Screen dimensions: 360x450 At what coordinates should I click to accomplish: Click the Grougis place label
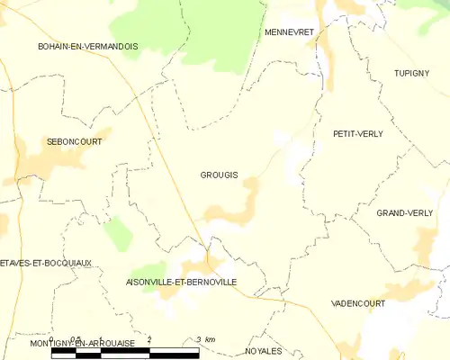click(219, 175)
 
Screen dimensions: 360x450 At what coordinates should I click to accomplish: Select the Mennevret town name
click(288, 31)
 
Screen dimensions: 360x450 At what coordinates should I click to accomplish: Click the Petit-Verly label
click(358, 133)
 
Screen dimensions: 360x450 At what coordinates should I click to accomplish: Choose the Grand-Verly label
click(401, 213)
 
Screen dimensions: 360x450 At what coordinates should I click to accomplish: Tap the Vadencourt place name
click(358, 304)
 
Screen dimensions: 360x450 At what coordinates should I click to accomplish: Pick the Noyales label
click(263, 351)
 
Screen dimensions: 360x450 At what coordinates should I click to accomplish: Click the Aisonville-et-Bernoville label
click(182, 282)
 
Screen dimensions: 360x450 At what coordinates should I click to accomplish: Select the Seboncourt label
click(74, 141)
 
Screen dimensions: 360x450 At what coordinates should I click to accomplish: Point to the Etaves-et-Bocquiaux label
click(46, 263)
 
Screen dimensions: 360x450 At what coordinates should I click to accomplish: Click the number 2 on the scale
click(148, 339)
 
